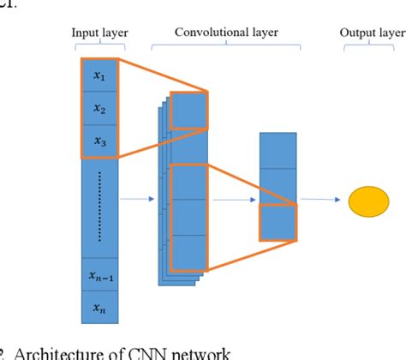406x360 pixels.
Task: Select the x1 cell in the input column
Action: coord(99,77)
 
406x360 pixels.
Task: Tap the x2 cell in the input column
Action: coord(99,109)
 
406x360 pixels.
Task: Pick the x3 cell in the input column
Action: coord(99,141)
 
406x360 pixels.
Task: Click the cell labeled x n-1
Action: coord(99,275)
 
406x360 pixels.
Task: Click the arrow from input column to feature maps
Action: coord(137,200)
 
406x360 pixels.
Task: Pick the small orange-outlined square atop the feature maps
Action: coord(188,109)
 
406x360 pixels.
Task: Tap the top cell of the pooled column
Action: coord(278,150)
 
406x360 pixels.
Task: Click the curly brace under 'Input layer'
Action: coord(99,46)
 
